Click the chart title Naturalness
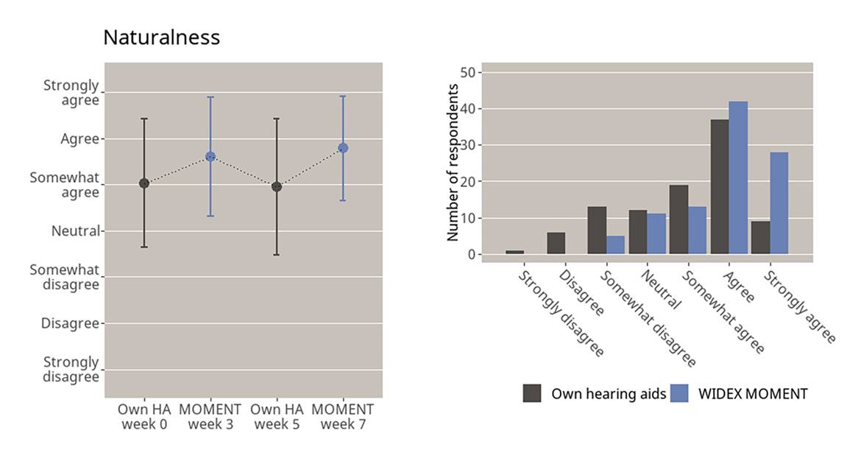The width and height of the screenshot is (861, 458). coord(161,38)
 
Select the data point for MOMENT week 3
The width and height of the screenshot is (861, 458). coord(210,156)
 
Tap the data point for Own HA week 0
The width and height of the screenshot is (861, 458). coord(144,183)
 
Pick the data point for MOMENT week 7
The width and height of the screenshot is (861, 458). coord(343,148)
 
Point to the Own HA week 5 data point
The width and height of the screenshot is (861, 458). coord(277,187)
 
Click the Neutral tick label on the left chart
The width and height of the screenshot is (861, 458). coord(75,231)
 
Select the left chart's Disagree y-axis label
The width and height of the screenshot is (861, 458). coord(70,323)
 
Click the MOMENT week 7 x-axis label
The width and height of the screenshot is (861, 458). coord(343,417)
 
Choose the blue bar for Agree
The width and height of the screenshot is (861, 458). coord(737,178)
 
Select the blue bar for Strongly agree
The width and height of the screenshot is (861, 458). coord(779,203)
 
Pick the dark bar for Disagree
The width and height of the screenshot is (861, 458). coord(556,244)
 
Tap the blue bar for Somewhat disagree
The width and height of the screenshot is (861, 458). coord(615,245)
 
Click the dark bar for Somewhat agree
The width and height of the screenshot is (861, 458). coord(678,219)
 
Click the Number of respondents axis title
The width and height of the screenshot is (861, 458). coord(453,163)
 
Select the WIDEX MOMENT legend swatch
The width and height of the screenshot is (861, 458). coord(681,393)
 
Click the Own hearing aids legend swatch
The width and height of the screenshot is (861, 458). coord(532,393)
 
